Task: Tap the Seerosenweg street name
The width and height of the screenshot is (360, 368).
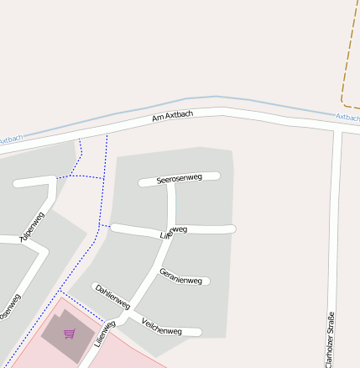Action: (180, 178)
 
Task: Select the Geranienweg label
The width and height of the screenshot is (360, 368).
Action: (180, 276)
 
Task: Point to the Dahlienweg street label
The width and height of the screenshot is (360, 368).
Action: (112, 297)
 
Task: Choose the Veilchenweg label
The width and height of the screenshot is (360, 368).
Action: (162, 326)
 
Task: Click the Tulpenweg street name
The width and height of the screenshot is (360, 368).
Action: (32, 227)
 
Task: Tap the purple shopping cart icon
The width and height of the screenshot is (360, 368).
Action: (69, 334)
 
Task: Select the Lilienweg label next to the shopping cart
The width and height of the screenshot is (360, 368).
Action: (104, 334)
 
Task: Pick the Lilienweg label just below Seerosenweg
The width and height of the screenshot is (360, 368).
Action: (173, 232)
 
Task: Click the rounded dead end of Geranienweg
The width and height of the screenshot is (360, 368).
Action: (206, 281)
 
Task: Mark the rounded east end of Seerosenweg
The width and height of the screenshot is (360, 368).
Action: (216, 176)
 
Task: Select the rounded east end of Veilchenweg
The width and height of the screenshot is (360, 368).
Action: (198, 333)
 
